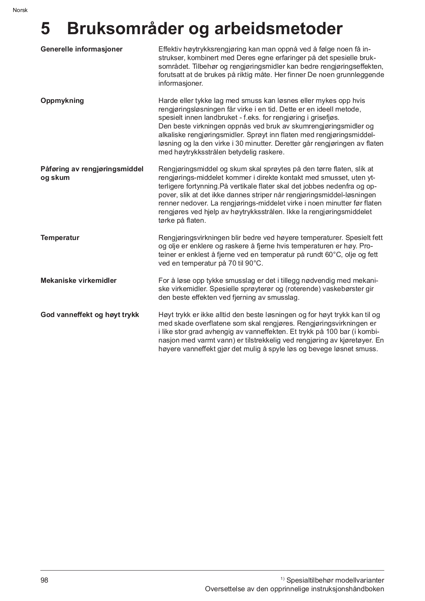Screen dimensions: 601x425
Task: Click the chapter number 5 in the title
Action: coord(45,29)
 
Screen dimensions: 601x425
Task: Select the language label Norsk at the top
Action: coord(20,10)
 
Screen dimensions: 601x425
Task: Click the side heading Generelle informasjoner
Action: coord(81,49)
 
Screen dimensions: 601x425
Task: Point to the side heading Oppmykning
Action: coord(62,101)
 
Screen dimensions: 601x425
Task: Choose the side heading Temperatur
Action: coord(60,238)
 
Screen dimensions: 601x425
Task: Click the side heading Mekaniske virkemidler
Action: coord(78,281)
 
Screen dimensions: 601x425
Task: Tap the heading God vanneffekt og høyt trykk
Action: coord(90,315)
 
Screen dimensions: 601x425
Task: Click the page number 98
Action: coord(44,580)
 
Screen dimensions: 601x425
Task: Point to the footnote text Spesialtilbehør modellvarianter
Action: coord(335,580)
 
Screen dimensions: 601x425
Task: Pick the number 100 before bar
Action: coord(332,332)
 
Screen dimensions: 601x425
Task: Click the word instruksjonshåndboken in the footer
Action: coord(348,589)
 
